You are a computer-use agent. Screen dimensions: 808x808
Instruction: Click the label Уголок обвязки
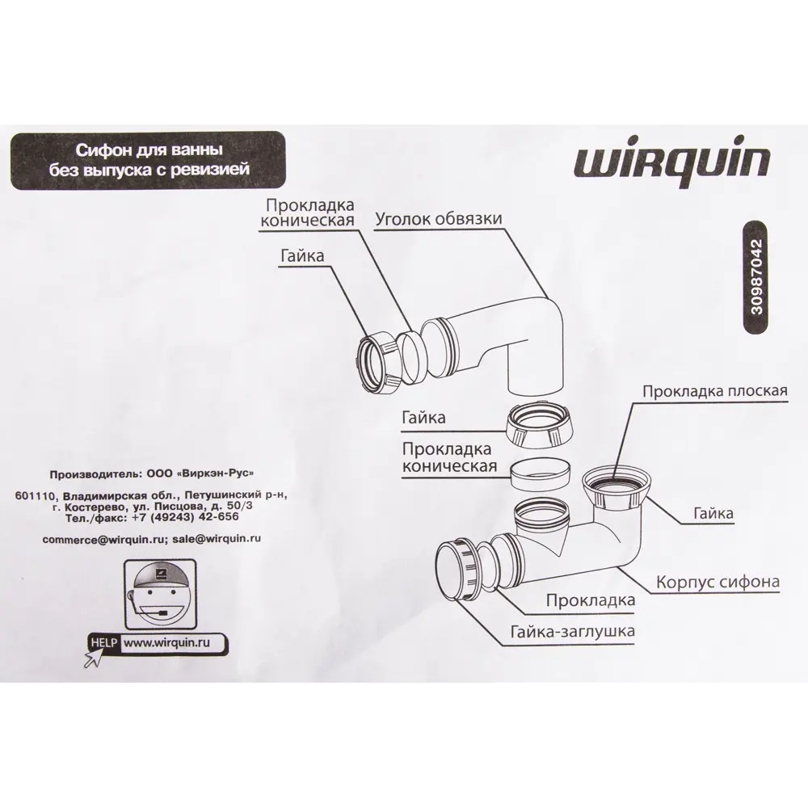440,219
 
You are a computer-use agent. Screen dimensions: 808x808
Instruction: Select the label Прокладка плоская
714,392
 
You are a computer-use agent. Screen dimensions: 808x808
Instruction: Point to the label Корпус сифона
717,581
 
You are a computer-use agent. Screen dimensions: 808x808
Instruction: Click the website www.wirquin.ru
166,644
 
